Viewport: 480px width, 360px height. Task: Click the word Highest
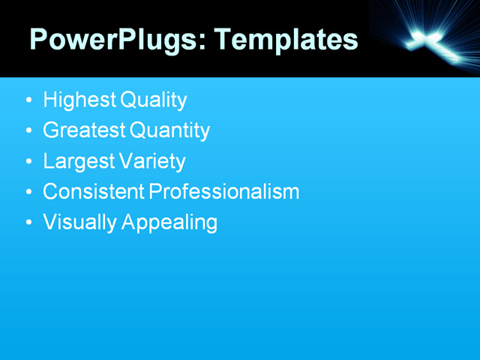[x=79, y=100]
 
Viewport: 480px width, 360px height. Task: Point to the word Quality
[x=153, y=100]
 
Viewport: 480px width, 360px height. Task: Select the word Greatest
[x=83, y=130]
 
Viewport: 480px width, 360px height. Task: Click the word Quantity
[x=169, y=131]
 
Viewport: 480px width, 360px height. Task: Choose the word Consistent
[x=93, y=191]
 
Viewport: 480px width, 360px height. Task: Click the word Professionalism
[x=224, y=191]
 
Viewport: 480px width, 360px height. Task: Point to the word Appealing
[x=167, y=223]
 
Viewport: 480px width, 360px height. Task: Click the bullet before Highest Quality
[x=28, y=100]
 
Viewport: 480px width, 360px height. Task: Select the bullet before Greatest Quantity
[x=28, y=131]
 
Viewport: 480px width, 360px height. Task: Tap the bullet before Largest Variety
[x=28, y=161]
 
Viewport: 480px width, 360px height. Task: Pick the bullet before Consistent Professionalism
[x=28, y=192]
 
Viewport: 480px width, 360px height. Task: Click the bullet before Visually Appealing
[x=28, y=223]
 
